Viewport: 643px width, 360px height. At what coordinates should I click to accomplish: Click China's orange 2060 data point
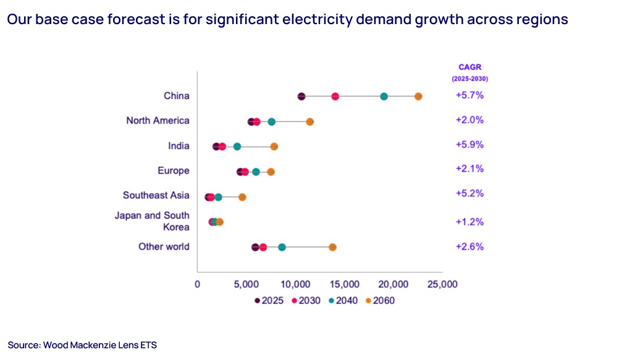coord(418,96)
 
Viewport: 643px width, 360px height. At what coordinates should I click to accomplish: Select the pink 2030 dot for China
coord(335,96)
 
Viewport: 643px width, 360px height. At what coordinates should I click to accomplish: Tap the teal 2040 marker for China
coord(384,96)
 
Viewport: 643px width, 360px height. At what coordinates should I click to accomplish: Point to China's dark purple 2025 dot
coord(301,96)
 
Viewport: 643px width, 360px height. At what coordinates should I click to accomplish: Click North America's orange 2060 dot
coord(309,122)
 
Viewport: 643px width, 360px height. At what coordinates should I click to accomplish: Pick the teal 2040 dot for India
coord(237,147)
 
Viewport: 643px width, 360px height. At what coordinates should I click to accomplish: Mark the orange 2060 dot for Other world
coord(332,247)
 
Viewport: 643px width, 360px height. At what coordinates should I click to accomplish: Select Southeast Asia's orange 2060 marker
coord(242,197)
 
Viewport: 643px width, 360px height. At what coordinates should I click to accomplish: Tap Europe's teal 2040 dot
coord(256,172)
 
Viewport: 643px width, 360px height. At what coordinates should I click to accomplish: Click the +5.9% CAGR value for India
coord(469,145)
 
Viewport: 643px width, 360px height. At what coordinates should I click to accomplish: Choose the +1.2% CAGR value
coord(469,222)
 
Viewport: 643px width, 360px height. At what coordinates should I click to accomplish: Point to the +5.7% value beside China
coord(469,96)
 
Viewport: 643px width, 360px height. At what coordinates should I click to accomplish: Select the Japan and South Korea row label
coord(152,221)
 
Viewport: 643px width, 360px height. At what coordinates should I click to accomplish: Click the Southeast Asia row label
coord(156,195)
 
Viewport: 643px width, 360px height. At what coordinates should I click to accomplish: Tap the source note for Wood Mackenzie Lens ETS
coord(82,345)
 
